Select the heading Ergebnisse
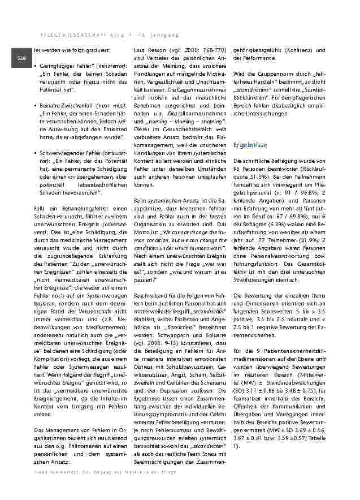pos(250,145)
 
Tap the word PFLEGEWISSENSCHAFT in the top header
pos(62,35)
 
